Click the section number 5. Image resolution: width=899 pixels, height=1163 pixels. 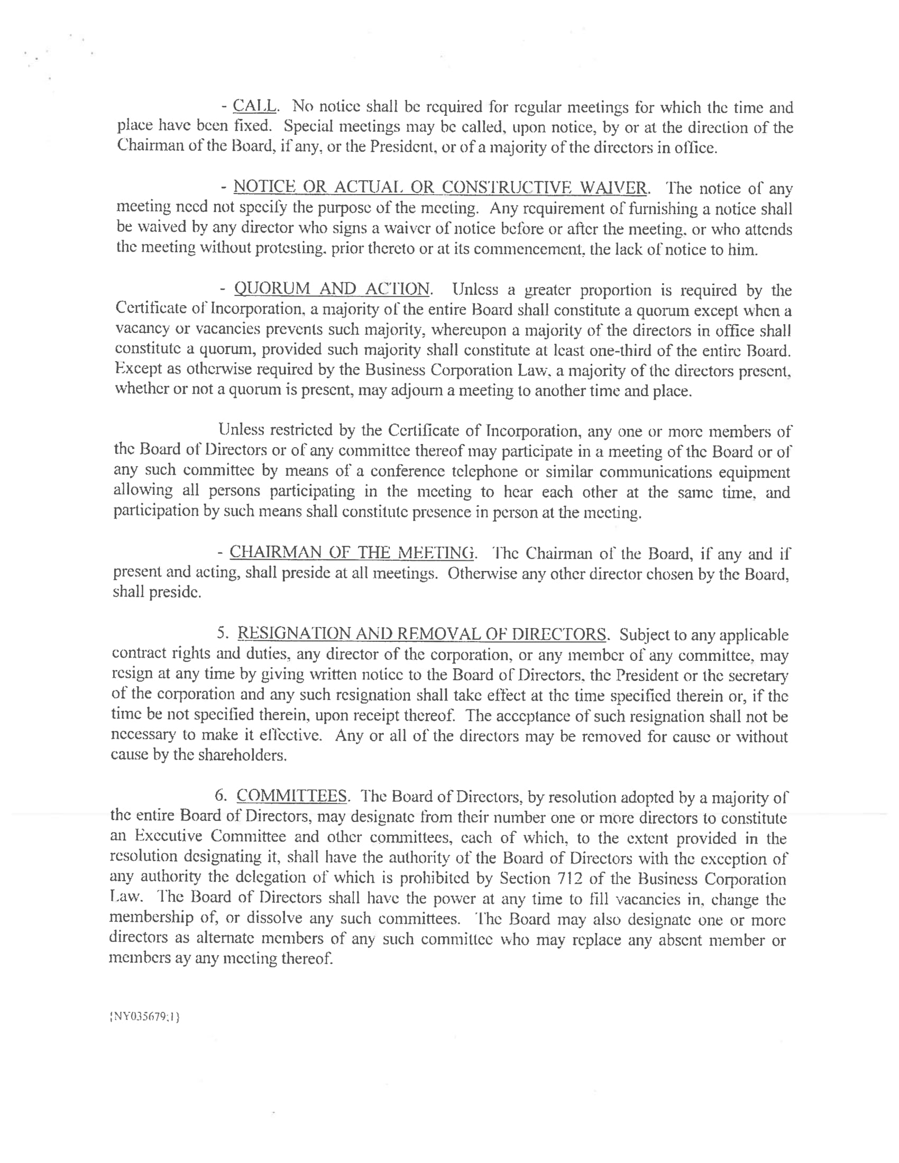click(x=223, y=634)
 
